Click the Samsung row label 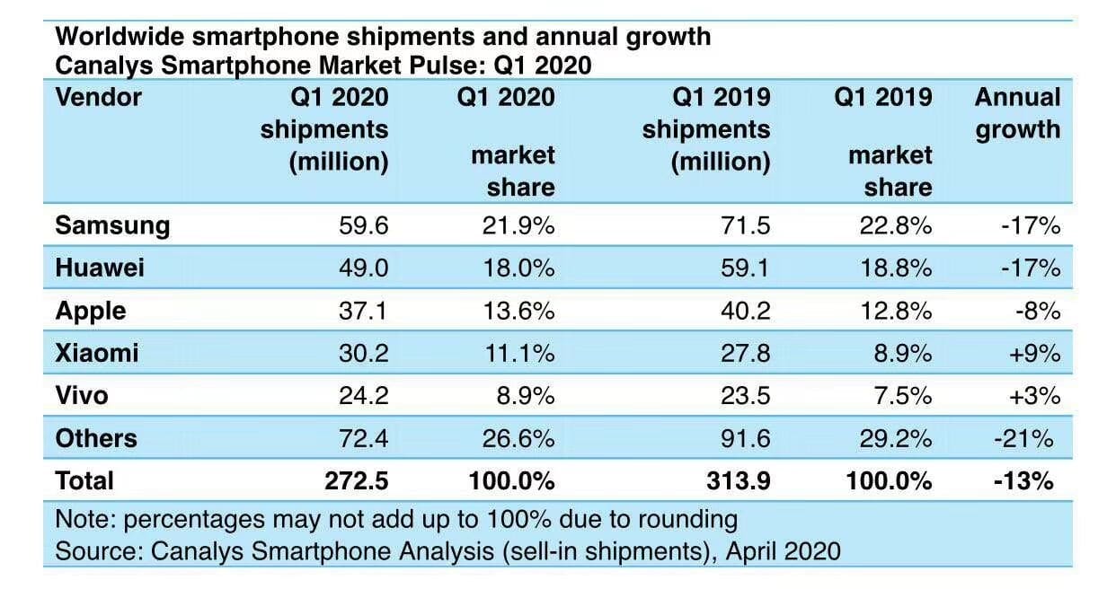tap(112, 225)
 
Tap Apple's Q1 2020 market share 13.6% tap(519, 311)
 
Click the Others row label tap(96, 438)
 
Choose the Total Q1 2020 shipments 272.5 tap(356, 481)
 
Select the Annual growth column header tap(1017, 113)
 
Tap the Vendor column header tap(99, 97)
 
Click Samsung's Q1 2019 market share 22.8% tap(895, 225)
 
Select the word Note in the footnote tap(85, 520)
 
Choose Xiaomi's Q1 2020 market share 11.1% tap(519, 354)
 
